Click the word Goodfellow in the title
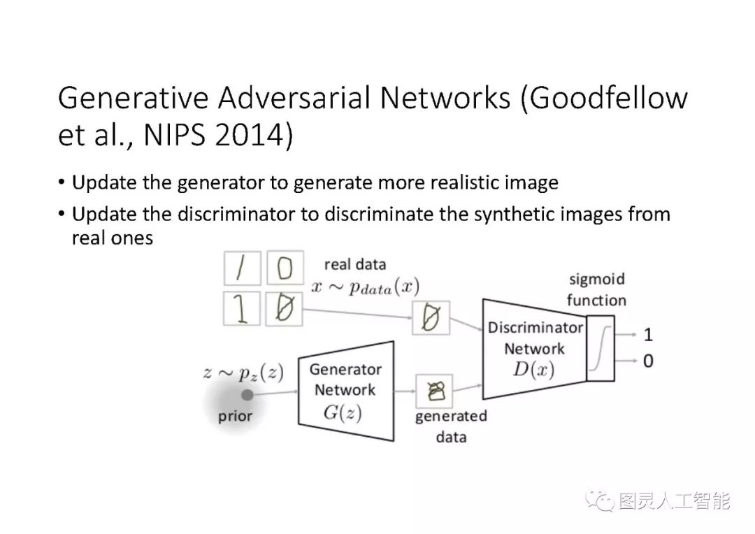click(x=608, y=99)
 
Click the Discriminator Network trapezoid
click(x=534, y=348)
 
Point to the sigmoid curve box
click(x=601, y=348)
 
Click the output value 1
click(x=648, y=335)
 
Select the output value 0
click(x=648, y=362)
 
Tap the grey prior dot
click(x=247, y=395)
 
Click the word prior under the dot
click(x=235, y=417)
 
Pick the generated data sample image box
click(x=434, y=391)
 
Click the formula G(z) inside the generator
click(x=343, y=412)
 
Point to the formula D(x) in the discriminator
click(x=533, y=370)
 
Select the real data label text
click(x=354, y=264)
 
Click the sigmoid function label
click(x=596, y=290)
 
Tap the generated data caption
click(x=451, y=426)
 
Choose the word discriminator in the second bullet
click(x=237, y=214)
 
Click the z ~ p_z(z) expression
click(x=243, y=373)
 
